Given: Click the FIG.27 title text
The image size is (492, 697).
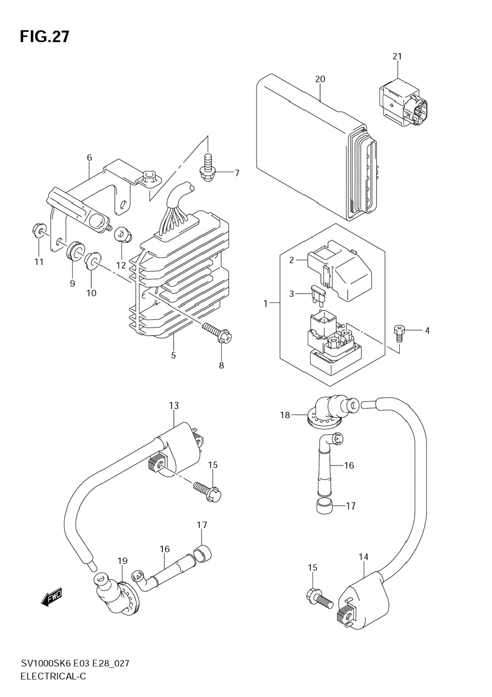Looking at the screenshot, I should (x=45, y=37).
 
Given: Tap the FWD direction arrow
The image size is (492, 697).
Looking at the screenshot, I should (x=52, y=598).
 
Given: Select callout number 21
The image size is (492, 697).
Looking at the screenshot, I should (x=397, y=56).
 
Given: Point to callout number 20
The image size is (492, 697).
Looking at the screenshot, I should (x=320, y=79).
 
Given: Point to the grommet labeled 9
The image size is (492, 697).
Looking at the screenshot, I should (x=75, y=252).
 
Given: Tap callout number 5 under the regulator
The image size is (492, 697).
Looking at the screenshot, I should (x=173, y=355).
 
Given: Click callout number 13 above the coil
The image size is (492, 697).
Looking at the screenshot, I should (x=174, y=405).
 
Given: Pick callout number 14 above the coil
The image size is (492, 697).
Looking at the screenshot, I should (x=363, y=557).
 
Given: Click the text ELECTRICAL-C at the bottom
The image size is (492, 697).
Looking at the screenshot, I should (x=53, y=676).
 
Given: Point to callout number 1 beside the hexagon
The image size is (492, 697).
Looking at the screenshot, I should (x=265, y=304).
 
